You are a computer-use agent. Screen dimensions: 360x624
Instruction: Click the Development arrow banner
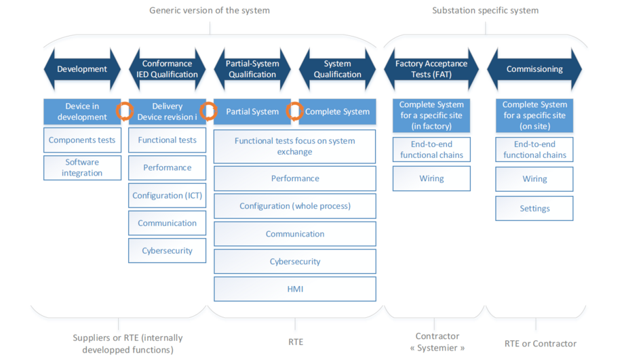(x=82, y=69)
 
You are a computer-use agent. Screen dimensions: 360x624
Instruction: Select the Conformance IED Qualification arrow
(x=167, y=69)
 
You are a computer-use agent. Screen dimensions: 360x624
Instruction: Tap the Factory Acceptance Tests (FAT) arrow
(x=431, y=69)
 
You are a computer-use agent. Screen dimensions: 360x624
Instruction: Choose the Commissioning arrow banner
(x=534, y=69)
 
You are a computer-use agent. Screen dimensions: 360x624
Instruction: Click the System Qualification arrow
(x=337, y=69)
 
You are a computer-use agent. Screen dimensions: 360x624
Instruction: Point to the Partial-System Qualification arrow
(x=252, y=69)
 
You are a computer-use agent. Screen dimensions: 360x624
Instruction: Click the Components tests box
(x=82, y=140)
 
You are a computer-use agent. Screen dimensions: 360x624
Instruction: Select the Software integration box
(x=82, y=167)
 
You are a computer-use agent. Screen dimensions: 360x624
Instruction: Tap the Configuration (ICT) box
(x=167, y=195)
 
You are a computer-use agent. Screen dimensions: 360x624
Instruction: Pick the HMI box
(x=295, y=289)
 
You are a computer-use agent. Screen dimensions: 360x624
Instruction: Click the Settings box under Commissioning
(x=534, y=209)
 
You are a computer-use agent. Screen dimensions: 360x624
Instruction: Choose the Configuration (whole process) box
(x=295, y=206)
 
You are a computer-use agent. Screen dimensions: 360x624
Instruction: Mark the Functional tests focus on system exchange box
(x=295, y=146)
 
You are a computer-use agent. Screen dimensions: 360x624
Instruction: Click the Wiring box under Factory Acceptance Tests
(x=431, y=179)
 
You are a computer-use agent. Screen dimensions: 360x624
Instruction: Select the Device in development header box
(x=81, y=112)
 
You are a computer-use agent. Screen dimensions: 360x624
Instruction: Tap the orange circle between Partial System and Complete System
(x=294, y=111)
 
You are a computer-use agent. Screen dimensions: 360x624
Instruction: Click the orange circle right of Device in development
(x=124, y=111)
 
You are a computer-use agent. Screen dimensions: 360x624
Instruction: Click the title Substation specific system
(x=485, y=10)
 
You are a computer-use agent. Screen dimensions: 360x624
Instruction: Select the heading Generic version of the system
(x=210, y=10)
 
